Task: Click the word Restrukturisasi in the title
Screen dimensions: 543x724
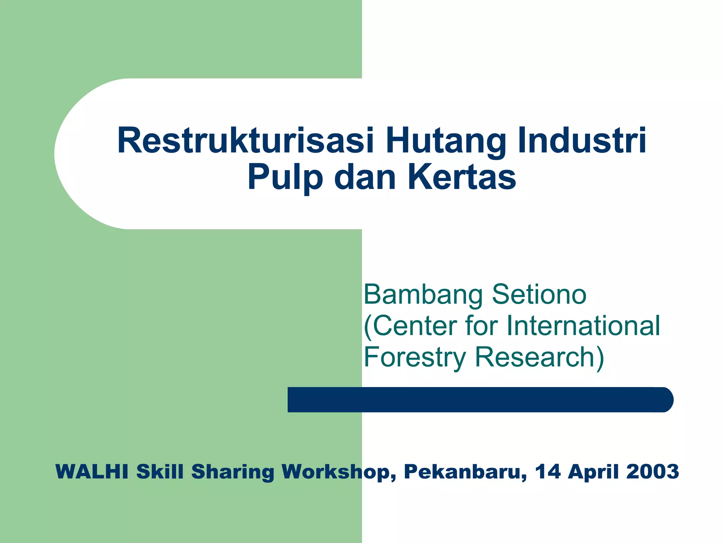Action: pos(245,141)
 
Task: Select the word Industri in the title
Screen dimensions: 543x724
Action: pos(582,141)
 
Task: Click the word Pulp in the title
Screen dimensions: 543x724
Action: pos(285,178)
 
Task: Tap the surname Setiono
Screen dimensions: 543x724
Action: pos(539,294)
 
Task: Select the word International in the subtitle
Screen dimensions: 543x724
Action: pos(583,325)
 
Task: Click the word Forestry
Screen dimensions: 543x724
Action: pos(415,357)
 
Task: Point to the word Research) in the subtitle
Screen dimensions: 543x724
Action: pos(539,357)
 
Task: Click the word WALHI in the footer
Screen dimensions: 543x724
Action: pos(92,472)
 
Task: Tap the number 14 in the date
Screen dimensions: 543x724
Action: pos(548,472)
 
